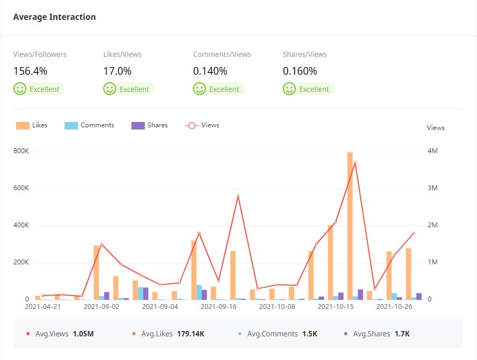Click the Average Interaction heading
(x=54, y=17)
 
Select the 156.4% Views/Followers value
(x=30, y=71)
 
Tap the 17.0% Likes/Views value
(x=117, y=71)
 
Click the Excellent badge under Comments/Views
(x=218, y=89)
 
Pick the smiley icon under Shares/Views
(x=289, y=89)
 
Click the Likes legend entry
(x=32, y=125)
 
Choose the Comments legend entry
(x=89, y=125)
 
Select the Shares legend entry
(x=149, y=125)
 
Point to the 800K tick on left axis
(x=21, y=151)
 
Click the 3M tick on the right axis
(x=432, y=188)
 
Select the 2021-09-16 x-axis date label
(x=218, y=307)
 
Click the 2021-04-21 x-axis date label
(x=43, y=307)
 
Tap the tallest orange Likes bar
(x=350, y=226)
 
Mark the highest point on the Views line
(x=355, y=163)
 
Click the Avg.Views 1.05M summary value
(x=83, y=334)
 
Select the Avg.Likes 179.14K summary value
(x=190, y=334)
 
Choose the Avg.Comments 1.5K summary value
(x=309, y=334)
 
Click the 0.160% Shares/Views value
(x=300, y=71)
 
